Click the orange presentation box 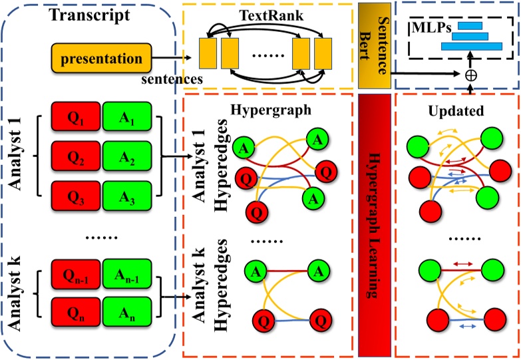(101, 58)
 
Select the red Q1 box (76, 116)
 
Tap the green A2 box (127, 156)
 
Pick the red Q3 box (76, 196)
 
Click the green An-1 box (127, 274)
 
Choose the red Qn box (76, 312)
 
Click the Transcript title (90, 15)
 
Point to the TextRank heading (271, 15)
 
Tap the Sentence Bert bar (375, 46)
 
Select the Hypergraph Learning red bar (375, 226)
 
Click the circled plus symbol (471, 75)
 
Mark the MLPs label (432, 28)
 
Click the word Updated (456, 111)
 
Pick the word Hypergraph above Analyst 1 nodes (271, 110)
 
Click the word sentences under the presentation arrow (172, 79)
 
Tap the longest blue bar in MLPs (472, 46)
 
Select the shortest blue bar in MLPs (470, 25)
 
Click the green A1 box (127, 116)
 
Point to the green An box (127, 312)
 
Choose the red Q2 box (76, 156)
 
